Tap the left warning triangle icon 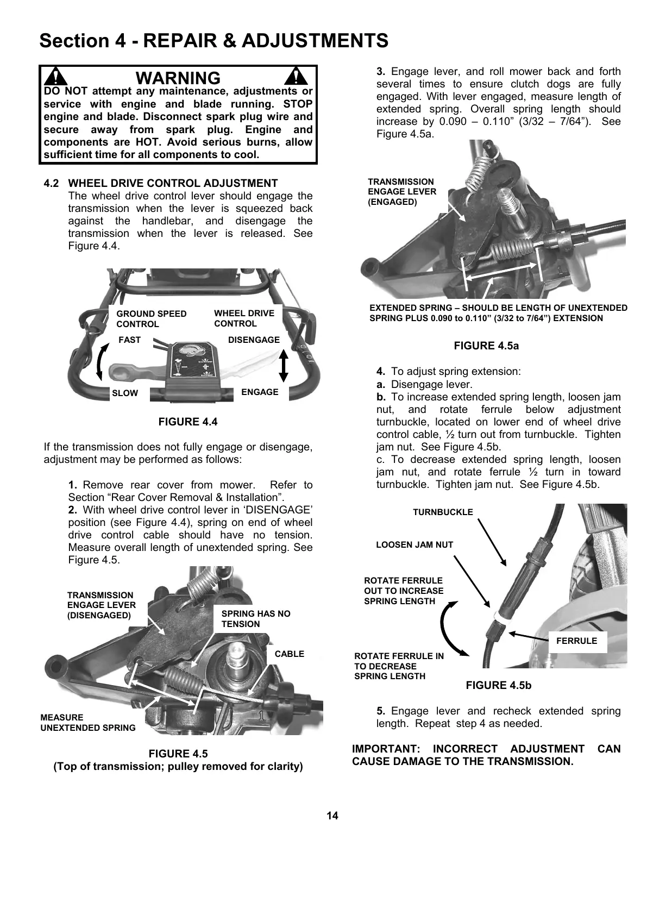click(x=56, y=77)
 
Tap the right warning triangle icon click(x=297, y=77)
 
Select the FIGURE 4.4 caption click(x=187, y=422)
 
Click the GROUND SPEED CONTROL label click(x=151, y=319)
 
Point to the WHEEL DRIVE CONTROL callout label click(x=244, y=318)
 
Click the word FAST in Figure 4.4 click(x=129, y=340)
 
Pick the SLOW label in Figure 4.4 click(x=125, y=393)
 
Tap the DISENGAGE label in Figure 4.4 click(x=254, y=340)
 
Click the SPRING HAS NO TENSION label click(x=255, y=619)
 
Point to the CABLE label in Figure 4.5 click(x=289, y=654)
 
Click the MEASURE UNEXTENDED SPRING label click(x=87, y=723)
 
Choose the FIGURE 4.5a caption click(x=486, y=346)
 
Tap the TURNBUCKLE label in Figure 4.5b click(x=443, y=512)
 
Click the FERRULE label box click(x=576, y=641)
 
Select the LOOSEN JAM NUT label click(x=414, y=545)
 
